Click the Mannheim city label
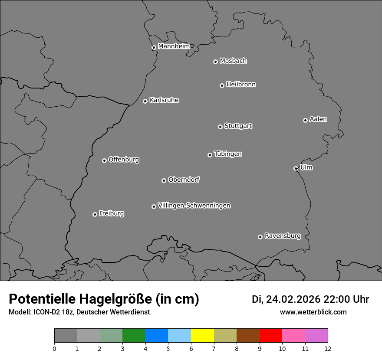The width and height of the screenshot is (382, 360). pos(174,46)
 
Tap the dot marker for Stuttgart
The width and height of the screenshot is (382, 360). pos(220,127)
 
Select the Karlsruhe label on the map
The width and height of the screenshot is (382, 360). pos(164,100)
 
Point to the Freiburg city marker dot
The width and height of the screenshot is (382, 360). pos(95,214)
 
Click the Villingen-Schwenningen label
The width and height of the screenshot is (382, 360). pos(194,206)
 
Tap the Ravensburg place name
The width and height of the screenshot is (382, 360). pos(282,236)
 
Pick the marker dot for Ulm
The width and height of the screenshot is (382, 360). pos(296,168)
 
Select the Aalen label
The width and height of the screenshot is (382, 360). pos(318,119)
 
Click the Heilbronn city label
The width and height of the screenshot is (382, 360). pos(241,85)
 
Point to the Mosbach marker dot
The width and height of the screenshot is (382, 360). pos(215,62)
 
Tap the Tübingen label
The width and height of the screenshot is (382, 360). pos(228,154)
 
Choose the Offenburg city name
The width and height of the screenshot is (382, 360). pos(124,160)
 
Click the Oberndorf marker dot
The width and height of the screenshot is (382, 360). pos(164,180)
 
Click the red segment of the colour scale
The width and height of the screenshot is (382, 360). pos(270,336)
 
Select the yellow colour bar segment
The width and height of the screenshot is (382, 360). pos(202,336)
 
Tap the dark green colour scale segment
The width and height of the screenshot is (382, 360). pos(134,336)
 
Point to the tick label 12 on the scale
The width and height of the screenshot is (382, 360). pos(328,348)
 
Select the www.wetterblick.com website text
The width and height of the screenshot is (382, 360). pos(313,312)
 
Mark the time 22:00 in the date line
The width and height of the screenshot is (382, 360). pos(334,299)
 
